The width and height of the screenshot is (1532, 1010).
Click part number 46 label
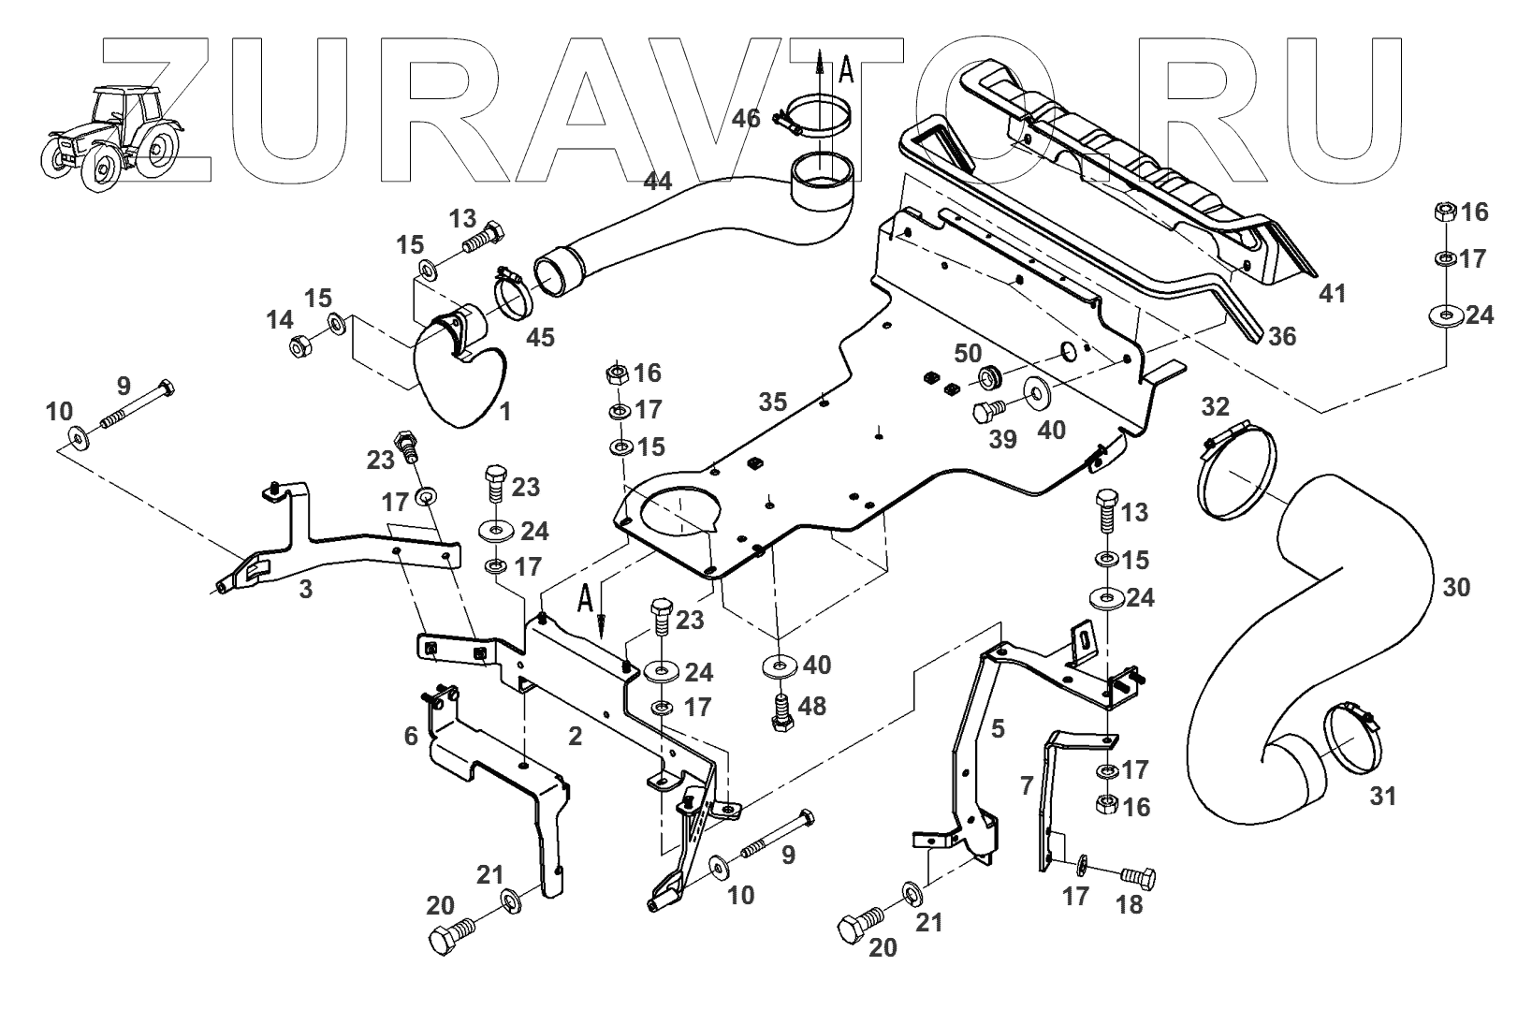click(746, 119)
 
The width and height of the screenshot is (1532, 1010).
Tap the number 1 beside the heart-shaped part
click(504, 411)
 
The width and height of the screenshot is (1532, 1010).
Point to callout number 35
click(774, 403)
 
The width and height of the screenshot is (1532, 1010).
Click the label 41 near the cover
click(1333, 293)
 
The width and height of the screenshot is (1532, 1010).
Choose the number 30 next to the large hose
click(1455, 588)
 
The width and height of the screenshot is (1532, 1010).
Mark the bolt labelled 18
click(1139, 878)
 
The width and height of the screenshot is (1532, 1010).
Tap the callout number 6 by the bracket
click(410, 737)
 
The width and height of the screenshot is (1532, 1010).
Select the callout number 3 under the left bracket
click(305, 589)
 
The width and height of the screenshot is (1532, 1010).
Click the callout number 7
click(1026, 784)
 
